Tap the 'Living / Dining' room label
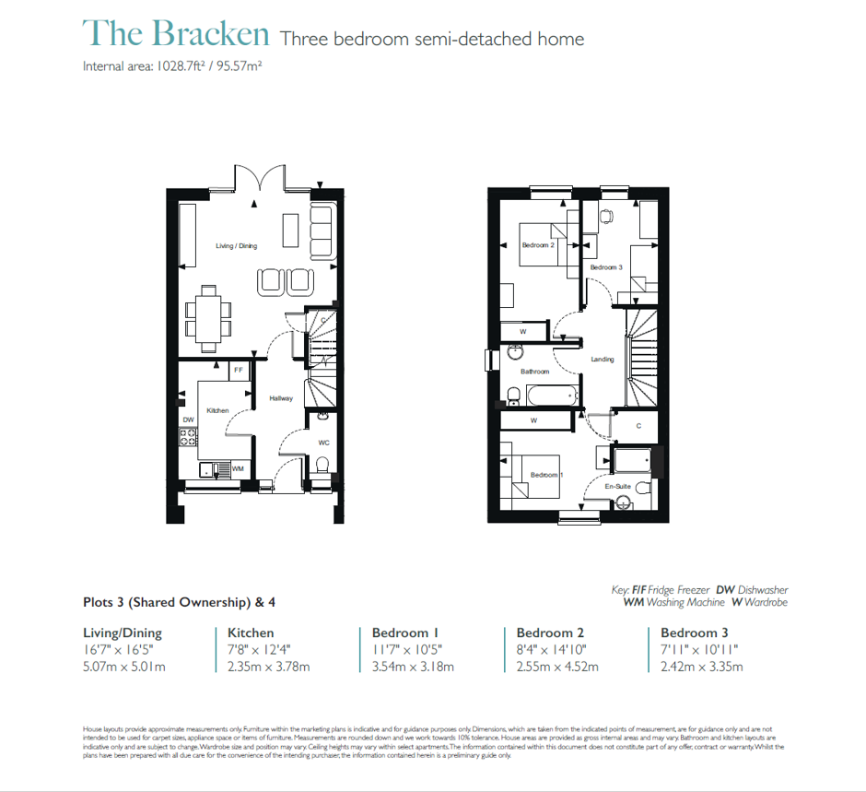236,246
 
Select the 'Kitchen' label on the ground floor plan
217,410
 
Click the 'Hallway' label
281,398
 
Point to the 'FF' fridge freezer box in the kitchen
239,370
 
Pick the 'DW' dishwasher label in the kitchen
188,420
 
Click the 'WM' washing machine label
238,469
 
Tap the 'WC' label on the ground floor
323,443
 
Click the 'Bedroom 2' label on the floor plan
537,246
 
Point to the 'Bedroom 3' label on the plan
606,267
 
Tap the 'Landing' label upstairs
602,360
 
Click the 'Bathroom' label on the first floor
534,372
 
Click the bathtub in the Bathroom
551,397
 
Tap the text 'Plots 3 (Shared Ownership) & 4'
179,603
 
